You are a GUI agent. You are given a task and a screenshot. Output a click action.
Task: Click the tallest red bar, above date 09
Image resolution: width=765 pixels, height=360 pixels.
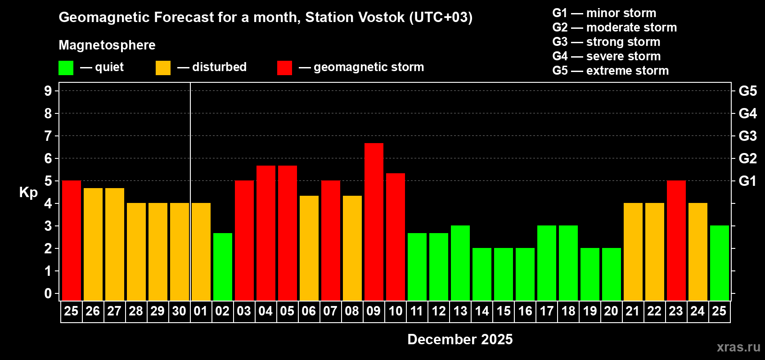(x=373, y=222)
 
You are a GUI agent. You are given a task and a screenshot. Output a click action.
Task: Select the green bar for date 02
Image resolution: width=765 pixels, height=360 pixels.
(x=223, y=267)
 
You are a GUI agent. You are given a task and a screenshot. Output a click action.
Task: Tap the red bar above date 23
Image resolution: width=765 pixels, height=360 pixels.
(x=676, y=240)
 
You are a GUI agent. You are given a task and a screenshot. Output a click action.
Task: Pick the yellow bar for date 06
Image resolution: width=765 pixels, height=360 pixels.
(x=309, y=248)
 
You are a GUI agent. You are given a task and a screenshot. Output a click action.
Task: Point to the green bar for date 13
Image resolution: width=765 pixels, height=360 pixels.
(x=460, y=263)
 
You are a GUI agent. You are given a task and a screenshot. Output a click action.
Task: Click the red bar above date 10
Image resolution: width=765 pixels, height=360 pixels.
(x=396, y=237)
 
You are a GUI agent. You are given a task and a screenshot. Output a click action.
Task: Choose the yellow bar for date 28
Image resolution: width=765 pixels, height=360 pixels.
(x=136, y=252)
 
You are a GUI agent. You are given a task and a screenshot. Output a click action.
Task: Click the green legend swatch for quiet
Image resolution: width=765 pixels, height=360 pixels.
(x=66, y=67)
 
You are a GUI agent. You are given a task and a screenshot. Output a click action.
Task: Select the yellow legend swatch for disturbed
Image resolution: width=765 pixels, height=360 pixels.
(x=163, y=67)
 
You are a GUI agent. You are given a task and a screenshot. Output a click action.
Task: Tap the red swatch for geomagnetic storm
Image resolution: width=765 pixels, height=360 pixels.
(x=284, y=67)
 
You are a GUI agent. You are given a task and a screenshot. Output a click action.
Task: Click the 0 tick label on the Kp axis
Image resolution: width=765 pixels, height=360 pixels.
(x=48, y=293)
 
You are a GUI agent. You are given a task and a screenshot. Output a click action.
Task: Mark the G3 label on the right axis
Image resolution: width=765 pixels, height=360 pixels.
(x=748, y=136)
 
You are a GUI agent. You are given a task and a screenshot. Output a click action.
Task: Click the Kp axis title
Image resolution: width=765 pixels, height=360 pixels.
(x=28, y=192)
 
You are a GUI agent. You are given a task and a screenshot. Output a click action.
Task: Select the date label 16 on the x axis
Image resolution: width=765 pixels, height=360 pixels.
(x=525, y=311)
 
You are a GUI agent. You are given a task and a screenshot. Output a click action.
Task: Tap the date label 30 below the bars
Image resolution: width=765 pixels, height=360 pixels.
(x=179, y=311)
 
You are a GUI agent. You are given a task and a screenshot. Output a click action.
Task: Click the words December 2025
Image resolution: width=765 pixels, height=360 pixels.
(x=460, y=339)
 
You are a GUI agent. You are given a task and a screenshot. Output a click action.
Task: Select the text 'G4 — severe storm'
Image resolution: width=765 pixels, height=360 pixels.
(x=607, y=56)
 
